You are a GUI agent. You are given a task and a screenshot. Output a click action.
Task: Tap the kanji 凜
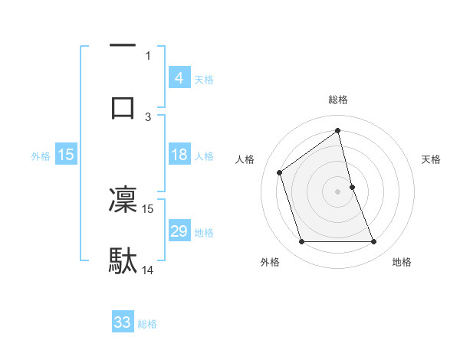click(x=123, y=200)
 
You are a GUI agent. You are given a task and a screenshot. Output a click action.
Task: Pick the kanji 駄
click(x=123, y=260)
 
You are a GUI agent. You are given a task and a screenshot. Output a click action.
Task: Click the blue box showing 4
click(x=179, y=77)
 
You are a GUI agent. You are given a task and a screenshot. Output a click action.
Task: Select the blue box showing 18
click(x=179, y=155)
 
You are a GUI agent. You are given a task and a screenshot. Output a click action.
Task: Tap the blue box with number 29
click(x=179, y=231)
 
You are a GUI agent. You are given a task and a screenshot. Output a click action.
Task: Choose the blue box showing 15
click(x=66, y=155)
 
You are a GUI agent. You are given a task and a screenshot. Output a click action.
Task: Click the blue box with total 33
click(x=123, y=322)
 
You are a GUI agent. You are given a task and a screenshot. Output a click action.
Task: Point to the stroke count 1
click(x=148, y=55)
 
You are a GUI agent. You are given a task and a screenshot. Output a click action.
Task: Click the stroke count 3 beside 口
click(x=149, y=116)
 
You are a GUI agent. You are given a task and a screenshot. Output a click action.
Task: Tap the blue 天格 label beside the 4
click(x=204, y=79)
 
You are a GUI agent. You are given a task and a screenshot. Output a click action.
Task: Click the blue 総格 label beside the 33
click(x=147, y=324)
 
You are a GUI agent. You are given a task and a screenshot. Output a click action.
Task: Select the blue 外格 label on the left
click(x=41, y=156)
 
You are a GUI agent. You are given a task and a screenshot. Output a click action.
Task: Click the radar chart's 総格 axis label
click(x=338, y=100)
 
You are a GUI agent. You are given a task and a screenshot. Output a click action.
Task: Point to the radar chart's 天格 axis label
click(x=432, y=159)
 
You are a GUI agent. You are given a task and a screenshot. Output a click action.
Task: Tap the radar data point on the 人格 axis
click(x=280, y=172)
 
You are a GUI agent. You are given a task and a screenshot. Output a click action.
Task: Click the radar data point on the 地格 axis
click(x=374, y=242)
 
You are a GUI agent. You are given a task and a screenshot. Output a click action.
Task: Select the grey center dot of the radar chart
click(x=338, y=191)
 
